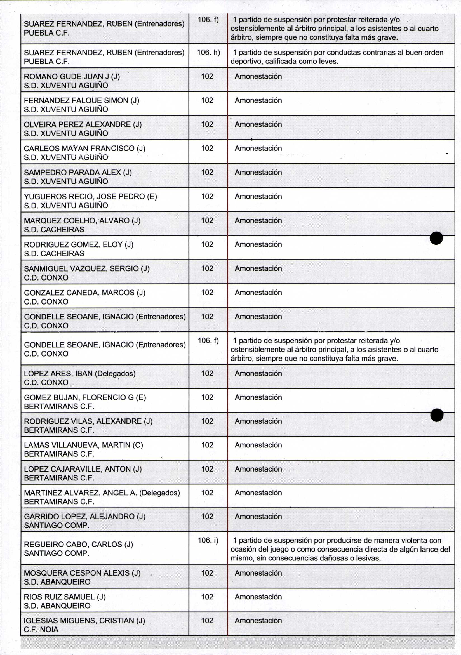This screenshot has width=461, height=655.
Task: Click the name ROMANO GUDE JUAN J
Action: point(72,76)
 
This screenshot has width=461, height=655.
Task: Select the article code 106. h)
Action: point(208,53)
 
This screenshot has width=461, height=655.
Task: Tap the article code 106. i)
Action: point(208,540)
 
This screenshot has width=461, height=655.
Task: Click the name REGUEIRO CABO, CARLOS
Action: point(78,544)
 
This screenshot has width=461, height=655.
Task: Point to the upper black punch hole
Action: point(436,238)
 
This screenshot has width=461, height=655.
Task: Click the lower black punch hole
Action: point(437,415)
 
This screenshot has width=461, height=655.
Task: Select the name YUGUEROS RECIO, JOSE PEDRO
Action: point(90,197)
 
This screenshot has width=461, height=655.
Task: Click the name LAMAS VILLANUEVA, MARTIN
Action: point(83,445)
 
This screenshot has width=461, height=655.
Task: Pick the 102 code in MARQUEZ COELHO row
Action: point(207,220)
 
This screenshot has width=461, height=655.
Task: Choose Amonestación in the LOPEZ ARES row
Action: point(258,373)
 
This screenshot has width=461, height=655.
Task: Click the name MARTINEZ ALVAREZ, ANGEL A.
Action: point(102,493)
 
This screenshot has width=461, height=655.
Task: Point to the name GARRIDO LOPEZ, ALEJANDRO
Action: point(84,516)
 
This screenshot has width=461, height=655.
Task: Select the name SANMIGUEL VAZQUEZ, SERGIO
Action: point(87,268)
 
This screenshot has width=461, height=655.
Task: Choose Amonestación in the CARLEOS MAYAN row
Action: point(258,148)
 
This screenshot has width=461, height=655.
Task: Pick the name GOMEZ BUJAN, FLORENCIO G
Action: point(85,397)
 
